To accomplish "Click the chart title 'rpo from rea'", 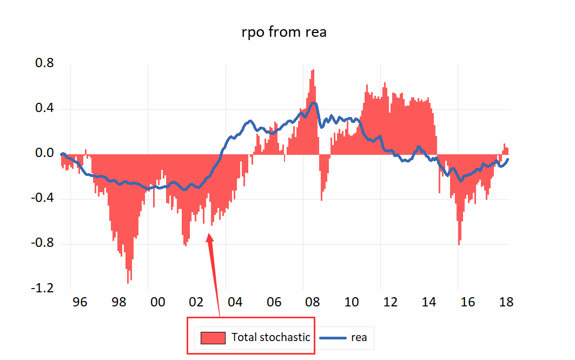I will click(284, 32).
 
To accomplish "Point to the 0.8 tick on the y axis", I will click(44, 63).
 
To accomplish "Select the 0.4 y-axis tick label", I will click(44, 109).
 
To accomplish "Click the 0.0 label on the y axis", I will click(44, 154).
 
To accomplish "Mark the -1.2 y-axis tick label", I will click(42, 289).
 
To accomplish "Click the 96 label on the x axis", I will click(80, 302).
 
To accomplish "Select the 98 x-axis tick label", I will click(118, 302).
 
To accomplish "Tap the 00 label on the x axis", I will click(157, 302).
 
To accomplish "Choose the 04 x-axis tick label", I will click(235, 302).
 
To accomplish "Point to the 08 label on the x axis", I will click(313, 302).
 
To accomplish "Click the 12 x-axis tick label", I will click(390, 302).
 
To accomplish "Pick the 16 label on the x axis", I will click(467, 302).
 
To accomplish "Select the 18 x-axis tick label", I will click(506, 302).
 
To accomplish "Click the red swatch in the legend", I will click(213, 338).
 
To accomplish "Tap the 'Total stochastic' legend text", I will click(271, 337).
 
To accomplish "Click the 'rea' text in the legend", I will click(359, 337).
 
